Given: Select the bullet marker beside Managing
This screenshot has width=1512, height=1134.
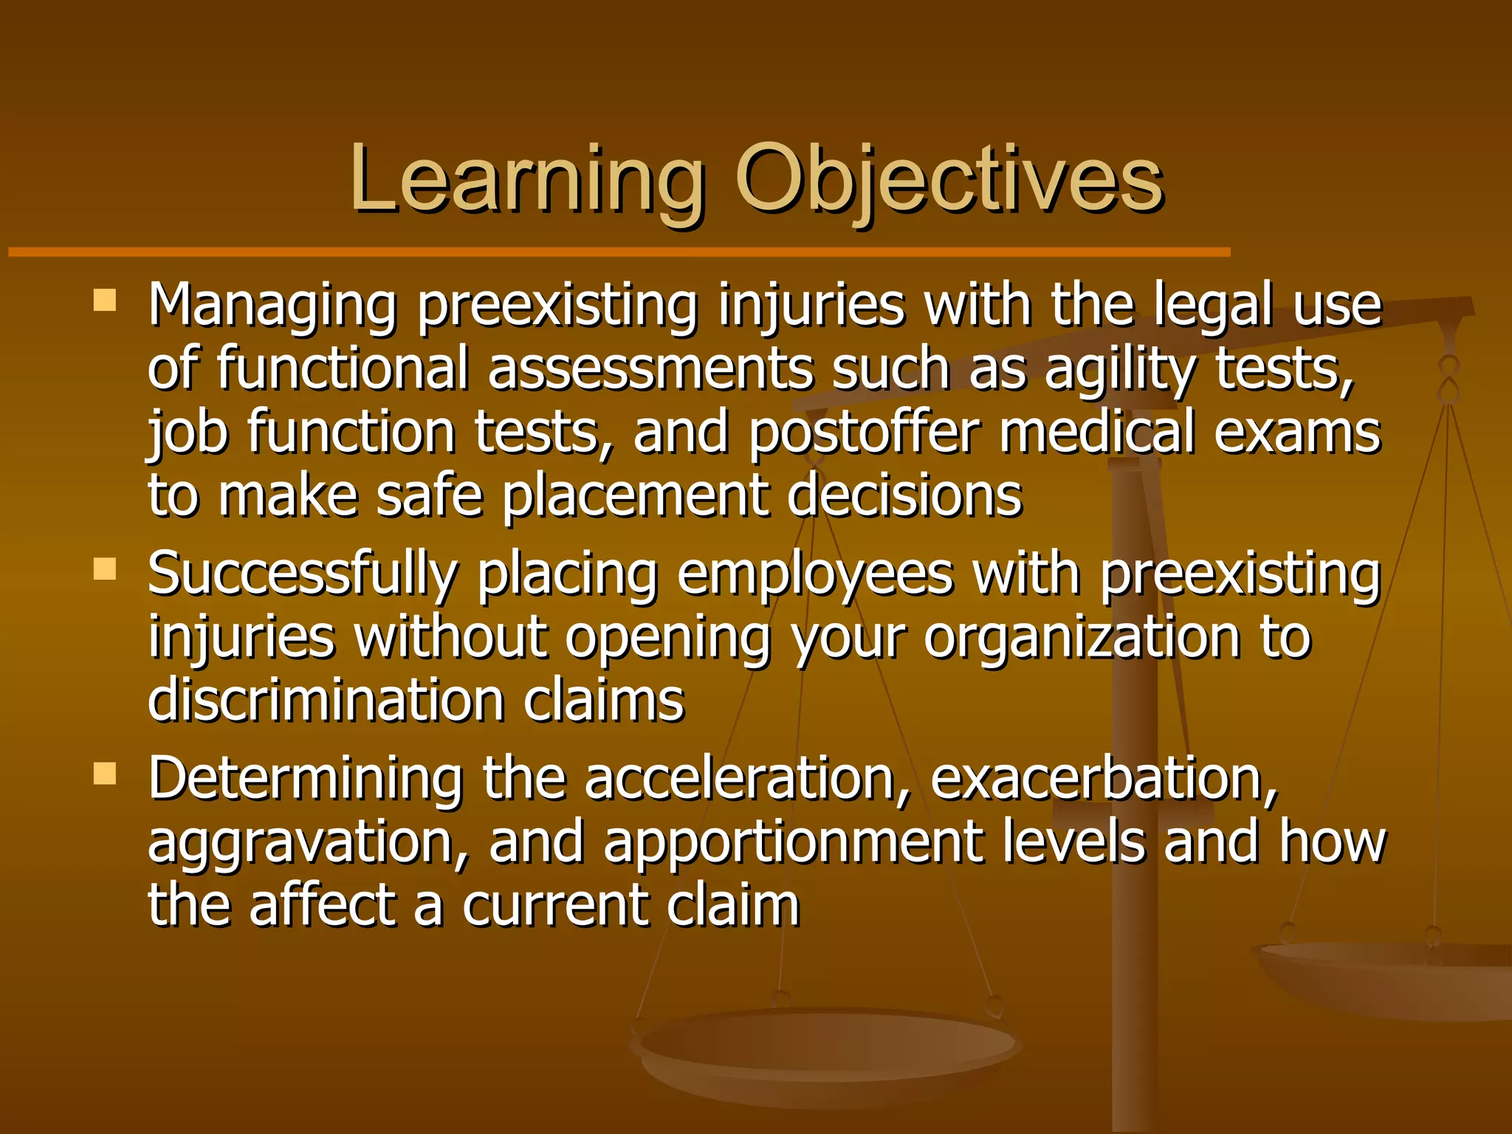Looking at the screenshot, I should (x=105, y=301).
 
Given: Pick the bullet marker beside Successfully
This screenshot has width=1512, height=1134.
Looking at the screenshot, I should (x=105, y=569).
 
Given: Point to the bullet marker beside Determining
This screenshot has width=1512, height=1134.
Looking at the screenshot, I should (x=105, y=774).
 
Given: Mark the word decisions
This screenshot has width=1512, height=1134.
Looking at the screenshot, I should (x=904, y=495).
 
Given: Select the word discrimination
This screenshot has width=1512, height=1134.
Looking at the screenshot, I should (x=326, y=700).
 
